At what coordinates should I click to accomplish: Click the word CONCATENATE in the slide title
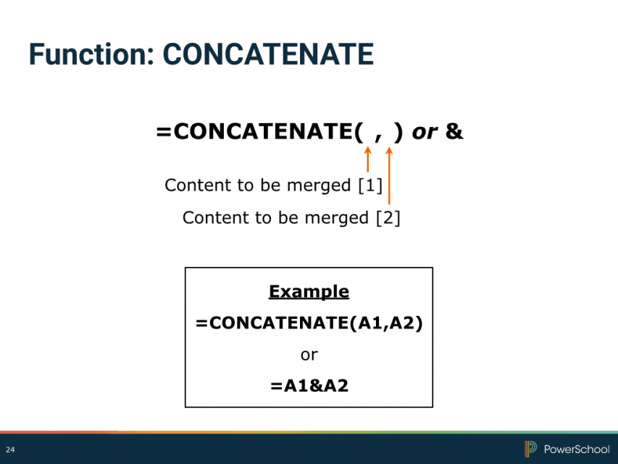coord(268,54)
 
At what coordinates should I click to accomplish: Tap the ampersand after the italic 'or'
coord(454,131)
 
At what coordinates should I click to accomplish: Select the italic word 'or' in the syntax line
coord(425,133)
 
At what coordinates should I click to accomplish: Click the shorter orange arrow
coord(368,159)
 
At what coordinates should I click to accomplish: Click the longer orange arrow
coord(389,176)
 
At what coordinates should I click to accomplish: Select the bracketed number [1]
coord(370,185)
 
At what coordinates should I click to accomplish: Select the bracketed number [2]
coord(388,217)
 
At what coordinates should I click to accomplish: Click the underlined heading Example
coord(309,292)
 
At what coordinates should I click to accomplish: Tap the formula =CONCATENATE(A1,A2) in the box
coord(309,323)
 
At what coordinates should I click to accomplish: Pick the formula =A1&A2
coord(309,386)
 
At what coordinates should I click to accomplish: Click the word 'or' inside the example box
coord(309,355)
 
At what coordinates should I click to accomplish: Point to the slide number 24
coord(10,449)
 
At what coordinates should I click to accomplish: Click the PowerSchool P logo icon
coord(530,449)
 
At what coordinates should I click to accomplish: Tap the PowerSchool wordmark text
coord(577,449)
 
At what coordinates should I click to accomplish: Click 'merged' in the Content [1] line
coord(319,186)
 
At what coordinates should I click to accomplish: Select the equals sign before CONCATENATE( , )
coord(164,132)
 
